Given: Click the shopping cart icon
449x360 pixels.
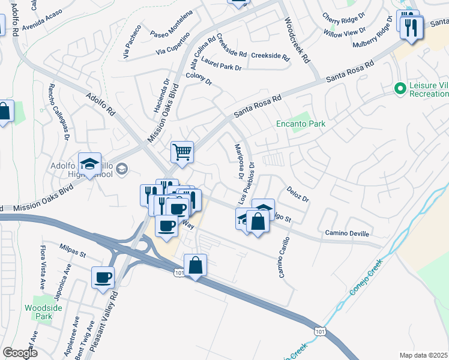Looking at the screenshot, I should pyautogui.click(x=182, y=151).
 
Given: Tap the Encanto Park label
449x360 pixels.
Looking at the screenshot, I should pyautogui.click(x=300, y=124).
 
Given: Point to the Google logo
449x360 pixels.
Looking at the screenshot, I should pyautogui.click(x=20, y=353).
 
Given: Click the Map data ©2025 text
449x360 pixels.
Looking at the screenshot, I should pyautogui.click(x=424, y=355).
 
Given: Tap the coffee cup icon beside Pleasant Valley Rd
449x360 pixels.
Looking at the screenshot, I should pyautogui.click(x=103, y=278).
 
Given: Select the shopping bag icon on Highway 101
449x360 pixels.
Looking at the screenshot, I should pyautogui.click(x=196, y=265).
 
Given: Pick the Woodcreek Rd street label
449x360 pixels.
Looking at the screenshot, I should pyautogui.click(x=297, y=41).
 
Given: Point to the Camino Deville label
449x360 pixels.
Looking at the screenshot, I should pyautogui.click(x=347, y=233).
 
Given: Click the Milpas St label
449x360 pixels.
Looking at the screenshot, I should pyautogui.click(x=73, y=247).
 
